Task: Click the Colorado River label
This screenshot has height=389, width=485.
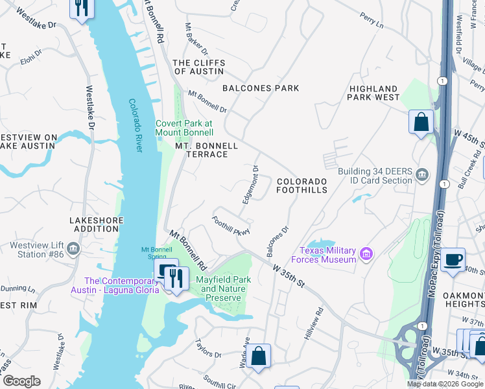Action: pos(136,125)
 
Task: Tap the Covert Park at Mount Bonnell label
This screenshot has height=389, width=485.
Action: pos(183,128)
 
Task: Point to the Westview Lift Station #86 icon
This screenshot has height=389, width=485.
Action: pos(73,248)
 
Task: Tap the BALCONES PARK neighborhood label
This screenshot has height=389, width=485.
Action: pos(261,88)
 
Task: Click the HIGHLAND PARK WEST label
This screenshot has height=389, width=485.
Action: pos(373,93)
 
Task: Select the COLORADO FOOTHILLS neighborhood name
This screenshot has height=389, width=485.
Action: pos(302,185)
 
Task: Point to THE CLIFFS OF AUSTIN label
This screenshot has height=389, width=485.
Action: pos(199,67)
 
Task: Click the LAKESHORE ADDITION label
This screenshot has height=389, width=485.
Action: pos(96,225)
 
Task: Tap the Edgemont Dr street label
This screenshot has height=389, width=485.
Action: pos(250,184)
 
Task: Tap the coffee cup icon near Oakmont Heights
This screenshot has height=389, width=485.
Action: pos(452,259)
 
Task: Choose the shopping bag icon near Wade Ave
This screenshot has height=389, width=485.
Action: pos(258,355)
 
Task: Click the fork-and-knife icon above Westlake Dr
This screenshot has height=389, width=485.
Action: pos(82,8)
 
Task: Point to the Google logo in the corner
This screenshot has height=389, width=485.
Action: pos(21,381)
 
